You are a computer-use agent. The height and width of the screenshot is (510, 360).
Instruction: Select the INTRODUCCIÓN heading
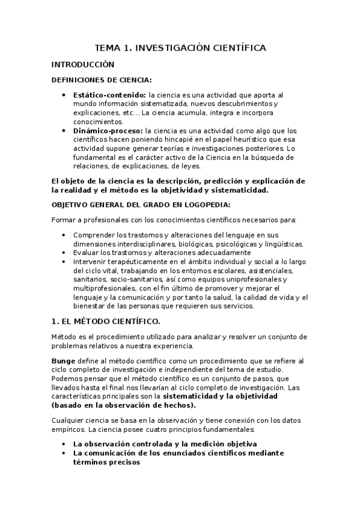[x=82, y=64]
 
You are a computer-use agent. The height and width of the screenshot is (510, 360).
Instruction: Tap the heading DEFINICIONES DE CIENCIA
[x=102, y=80]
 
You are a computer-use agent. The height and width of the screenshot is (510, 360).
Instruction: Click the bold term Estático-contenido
[x=109, y=95]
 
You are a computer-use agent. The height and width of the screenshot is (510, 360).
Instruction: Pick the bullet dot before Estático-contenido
[x=65, y=95]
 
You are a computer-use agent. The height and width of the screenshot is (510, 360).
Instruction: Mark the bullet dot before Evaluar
[x=65, y=253]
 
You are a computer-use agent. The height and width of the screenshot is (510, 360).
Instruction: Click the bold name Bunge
[x=63, y=360]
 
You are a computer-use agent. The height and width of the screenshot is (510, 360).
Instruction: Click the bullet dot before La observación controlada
[x=65, y=444]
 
